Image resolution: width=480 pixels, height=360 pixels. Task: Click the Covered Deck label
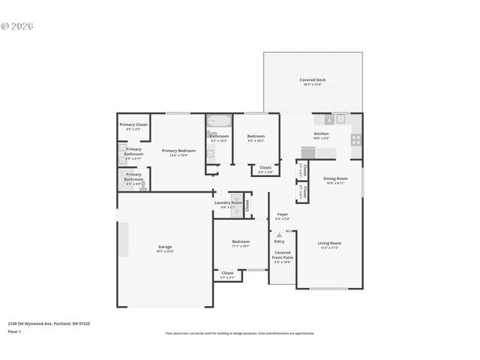tap(312, 80)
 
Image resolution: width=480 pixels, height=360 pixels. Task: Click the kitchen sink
tap(340, 118)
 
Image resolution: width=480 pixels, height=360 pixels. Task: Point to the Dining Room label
tap(334, 179)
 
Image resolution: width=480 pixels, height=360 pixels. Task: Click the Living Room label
tap(329, 244)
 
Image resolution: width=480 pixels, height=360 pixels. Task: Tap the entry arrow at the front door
tap(279, 235)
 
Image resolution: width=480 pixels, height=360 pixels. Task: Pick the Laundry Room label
tap(227, 203)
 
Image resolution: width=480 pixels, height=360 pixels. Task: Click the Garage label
tap(165, 247)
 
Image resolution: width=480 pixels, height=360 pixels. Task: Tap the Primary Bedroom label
tap(178, 151)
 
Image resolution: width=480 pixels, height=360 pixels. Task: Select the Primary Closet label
tap(133, 125)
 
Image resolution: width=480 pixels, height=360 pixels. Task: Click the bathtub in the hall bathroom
tap(218, 121)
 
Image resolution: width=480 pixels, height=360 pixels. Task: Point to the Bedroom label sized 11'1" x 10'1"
tap(240, 243)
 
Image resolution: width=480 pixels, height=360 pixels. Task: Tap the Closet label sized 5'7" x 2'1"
tap(227, 274)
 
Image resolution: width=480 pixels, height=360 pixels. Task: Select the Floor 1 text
tap(15, 331)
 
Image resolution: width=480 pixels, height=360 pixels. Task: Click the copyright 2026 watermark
tap(17, 25)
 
